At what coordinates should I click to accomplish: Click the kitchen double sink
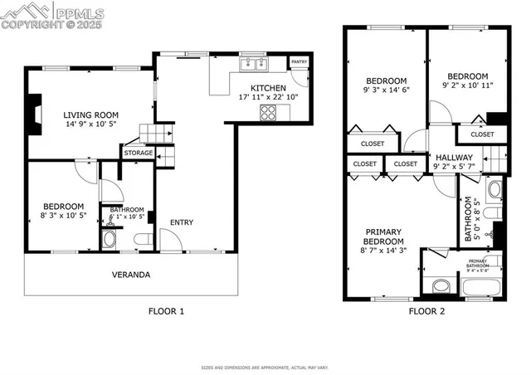click(x=252, y=64)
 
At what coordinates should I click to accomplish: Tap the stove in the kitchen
click(x=270, y=114)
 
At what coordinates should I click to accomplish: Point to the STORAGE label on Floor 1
click(x=138, y=153)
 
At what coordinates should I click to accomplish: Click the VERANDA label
click(x=131, y=274)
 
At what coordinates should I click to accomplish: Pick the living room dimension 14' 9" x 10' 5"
click(x=92, y=126)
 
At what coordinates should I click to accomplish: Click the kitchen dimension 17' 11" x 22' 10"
click(x=268, y=98)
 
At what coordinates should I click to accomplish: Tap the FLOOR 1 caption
click(x=166, y=311)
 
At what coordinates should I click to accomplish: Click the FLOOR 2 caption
click(x=426, y=311)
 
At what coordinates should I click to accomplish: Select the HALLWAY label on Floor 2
click(x=453, y=157)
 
